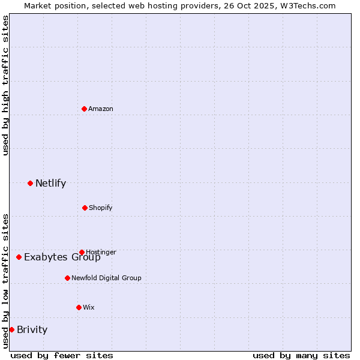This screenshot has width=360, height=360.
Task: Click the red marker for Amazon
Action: click(84, 109)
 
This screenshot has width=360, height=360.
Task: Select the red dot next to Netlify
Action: click(30, 183)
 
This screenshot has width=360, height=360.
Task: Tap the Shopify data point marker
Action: click(85, 208)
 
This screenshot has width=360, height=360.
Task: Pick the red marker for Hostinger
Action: click(82, 252)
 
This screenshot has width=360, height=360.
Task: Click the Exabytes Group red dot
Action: click(19, 257)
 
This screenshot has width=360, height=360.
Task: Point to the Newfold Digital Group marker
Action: click(67, 278)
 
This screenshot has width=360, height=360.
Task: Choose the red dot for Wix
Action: click(79, 307)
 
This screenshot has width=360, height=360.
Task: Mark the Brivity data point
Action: click(11, 329)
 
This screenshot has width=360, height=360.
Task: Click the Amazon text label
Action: click(101, 109)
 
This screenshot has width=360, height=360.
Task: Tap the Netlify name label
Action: click(50, 184)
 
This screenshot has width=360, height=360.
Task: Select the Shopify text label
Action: click(101, 208)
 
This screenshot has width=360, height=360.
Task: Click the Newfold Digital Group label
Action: click(106, 278)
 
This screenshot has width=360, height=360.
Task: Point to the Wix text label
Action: click(89, 307)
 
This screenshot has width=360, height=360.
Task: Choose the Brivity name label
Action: click(32, 329)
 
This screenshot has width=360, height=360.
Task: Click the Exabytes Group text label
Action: click(62, 257)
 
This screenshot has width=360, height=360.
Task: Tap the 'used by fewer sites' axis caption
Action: click(62, 355)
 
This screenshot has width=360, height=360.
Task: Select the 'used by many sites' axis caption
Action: click(301, 355)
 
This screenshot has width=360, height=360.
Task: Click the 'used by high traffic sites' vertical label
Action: click(5, 85)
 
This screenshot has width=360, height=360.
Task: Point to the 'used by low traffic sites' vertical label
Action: click(5, 280)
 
